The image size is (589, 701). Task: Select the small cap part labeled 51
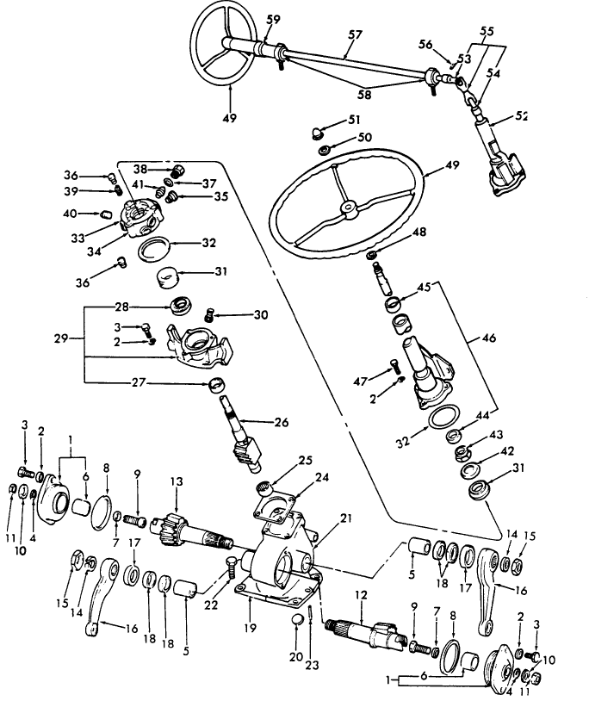(315, 132)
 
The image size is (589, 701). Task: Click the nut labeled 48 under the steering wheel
(371, 255)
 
